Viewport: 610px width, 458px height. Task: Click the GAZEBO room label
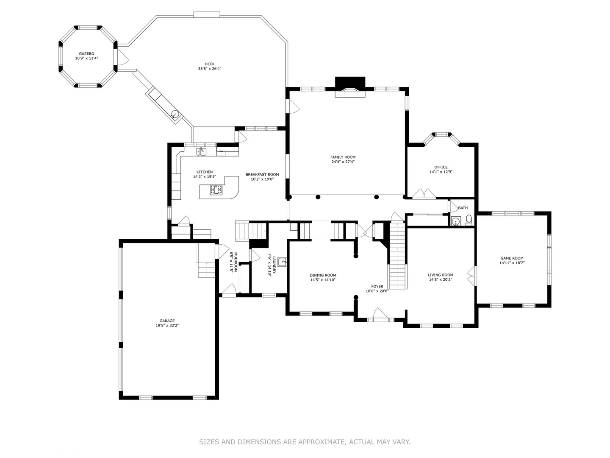pos(86,53)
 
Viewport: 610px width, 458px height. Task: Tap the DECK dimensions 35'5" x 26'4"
pos(210,69)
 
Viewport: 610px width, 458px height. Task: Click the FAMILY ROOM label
pos(343,157)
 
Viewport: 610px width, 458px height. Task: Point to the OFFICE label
pos(441,167)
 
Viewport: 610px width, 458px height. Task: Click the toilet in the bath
pos(469,220)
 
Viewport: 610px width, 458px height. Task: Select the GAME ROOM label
pos(512,258)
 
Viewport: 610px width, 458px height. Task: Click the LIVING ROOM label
pos(440,275)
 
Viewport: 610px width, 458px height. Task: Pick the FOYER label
pos(377,286)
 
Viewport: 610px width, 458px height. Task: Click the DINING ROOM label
pos(323,275)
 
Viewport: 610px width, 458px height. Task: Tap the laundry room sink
pos(282,262)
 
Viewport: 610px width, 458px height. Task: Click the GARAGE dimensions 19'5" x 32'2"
pos(167,326)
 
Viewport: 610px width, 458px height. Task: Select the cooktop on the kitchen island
pos(216,191)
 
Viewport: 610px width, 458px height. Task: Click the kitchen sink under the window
pos(201,151)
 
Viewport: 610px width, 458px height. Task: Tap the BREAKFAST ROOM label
pos(262,174)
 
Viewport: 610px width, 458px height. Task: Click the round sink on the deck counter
pos(174,114)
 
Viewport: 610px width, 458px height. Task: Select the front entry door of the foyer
pos(380,316)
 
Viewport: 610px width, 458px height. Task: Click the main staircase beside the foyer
pos(398,254)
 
